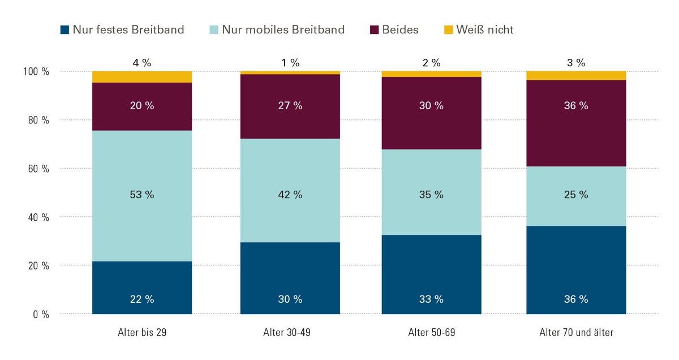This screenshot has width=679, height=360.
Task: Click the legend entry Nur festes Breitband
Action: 122,29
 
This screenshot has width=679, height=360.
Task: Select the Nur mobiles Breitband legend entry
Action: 276,29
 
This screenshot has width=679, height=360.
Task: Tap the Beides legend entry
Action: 394,29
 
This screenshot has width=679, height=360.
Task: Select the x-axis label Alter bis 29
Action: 142,332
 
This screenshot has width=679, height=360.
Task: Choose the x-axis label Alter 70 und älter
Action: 576,332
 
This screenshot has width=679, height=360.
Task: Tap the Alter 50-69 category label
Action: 431,332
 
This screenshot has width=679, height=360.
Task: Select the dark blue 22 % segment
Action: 142,288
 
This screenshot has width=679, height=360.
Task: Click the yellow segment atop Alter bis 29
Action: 142,77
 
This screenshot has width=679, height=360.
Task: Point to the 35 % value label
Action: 431,195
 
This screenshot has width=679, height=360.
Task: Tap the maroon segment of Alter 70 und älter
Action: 576,123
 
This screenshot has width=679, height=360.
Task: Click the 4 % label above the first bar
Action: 142,63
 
